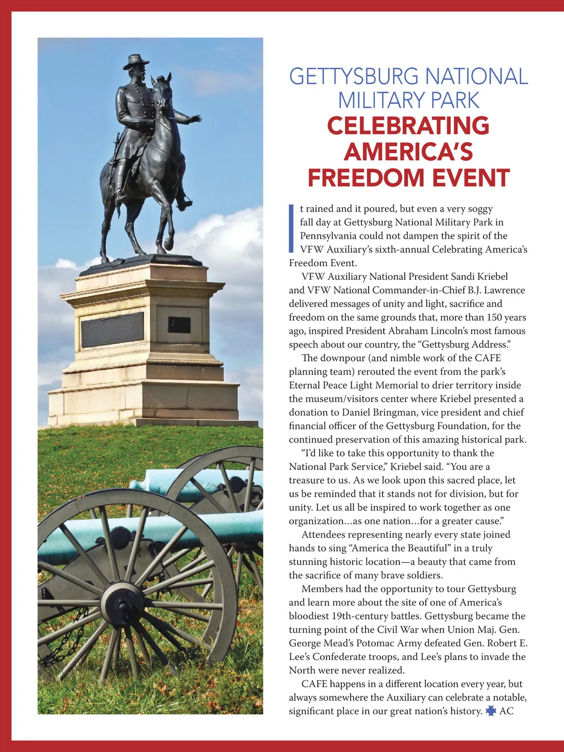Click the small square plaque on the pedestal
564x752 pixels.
pyautogui.click(x=179, y=324)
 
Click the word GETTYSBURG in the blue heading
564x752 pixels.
pyautogui.click(x=353, y=77)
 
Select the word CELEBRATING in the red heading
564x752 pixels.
pyautogui.click(x=408, y=125)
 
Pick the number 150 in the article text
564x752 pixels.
pyautogui.click(x=494, y=317)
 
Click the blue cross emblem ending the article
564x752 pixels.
pyautogui.click(x=491, y=711)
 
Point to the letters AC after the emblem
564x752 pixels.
pyautogui.click(x=506, y=711)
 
